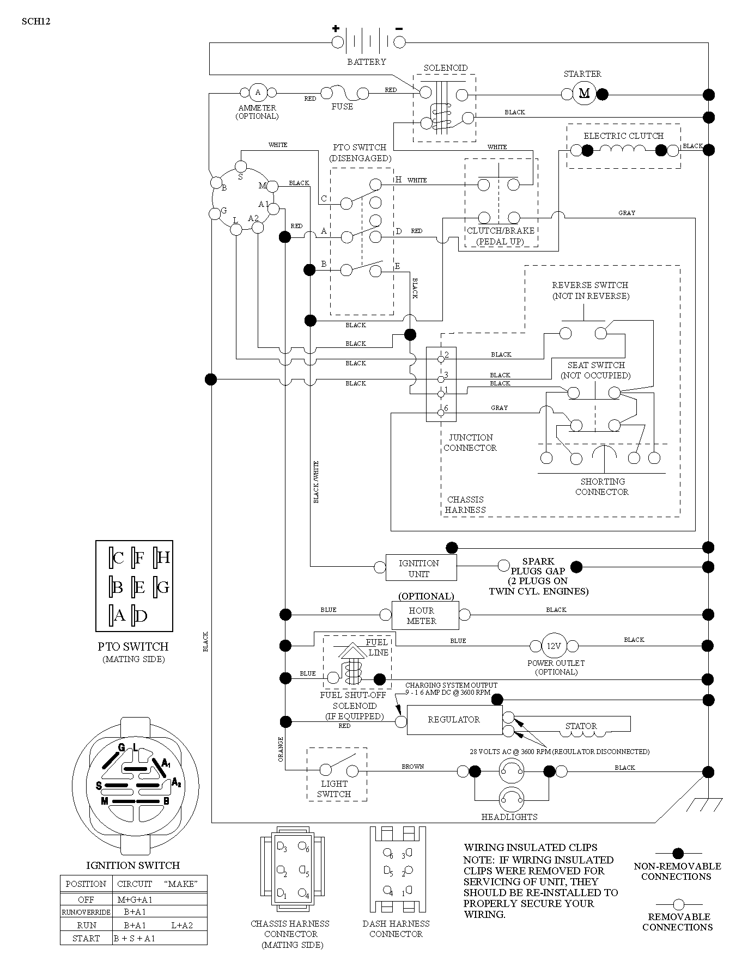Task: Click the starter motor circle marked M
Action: tap(584, 94)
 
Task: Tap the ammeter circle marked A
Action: tap(258, 92)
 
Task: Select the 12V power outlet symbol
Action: tap(554, 646)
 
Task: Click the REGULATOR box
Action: tap(454, 720)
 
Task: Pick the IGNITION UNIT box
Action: tap(419, 568)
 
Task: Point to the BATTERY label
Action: tap(367, 62)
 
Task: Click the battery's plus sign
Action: tap(336, 29)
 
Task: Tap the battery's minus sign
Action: tap(399, 29)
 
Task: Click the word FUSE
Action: tap(342, 107)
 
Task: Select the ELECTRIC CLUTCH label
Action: tap(624, 136)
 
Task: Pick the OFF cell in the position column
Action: tap(86, 899)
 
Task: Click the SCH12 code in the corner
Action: tap(37, 22)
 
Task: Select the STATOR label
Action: tap(581, 726)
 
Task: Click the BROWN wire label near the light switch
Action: tap(413, 767)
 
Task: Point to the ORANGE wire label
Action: tap(281, 749)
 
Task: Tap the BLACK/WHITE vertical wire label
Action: tap(316, 482)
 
